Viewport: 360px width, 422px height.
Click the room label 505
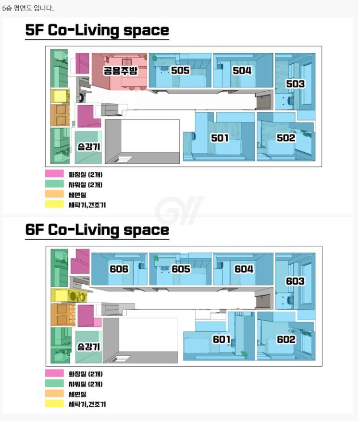(180, 71)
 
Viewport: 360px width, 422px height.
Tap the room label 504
(242, 71)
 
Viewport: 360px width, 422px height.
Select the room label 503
(295, 84)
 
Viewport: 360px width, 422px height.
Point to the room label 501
(220, 138)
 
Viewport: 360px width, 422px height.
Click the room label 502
(286, 138)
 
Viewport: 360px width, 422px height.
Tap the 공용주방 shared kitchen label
(121, 71)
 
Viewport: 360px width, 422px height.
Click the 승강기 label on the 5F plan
(88, 147)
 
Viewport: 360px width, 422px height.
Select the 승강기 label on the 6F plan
(88, 347)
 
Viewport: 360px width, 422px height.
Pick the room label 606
(119, 269)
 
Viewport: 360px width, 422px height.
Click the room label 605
(181, 269)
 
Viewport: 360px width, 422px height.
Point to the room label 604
(244, 269)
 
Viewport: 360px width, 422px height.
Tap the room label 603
(295, 281)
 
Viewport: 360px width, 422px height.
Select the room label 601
(222, 339)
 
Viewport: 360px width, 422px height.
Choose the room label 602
(286, 339)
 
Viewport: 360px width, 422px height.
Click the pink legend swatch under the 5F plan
(54, 174)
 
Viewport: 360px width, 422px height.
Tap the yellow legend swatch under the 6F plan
(54, 404)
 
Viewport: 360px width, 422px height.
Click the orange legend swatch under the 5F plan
(54, 194)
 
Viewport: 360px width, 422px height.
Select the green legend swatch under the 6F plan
(54, 383)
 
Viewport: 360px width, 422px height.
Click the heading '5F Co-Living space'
(97, 31)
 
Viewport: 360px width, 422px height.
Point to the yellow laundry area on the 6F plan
(69, 296)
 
